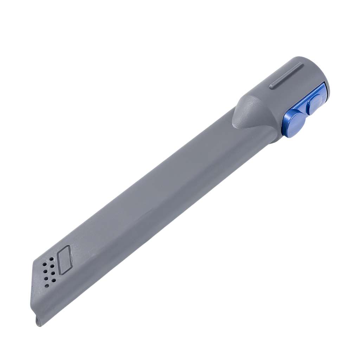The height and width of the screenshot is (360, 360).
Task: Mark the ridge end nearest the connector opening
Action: tap(300, 65)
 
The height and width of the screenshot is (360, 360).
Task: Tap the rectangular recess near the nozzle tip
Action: tap(64, 261)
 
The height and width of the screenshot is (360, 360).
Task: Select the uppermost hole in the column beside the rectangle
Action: tap(51, 259)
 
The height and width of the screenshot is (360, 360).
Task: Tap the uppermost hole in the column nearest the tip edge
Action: tap(44, 264)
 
